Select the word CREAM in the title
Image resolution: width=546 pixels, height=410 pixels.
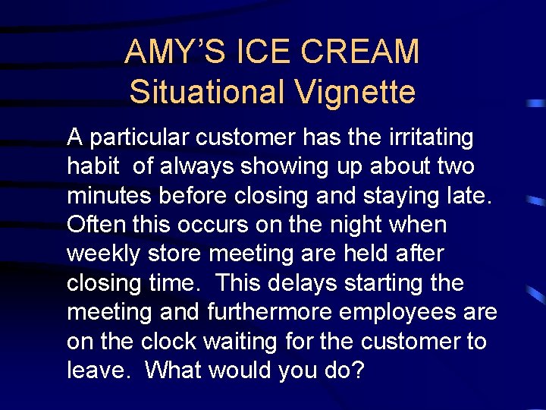tap(361, 52)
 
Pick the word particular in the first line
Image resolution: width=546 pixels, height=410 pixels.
tap(140, 138)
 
